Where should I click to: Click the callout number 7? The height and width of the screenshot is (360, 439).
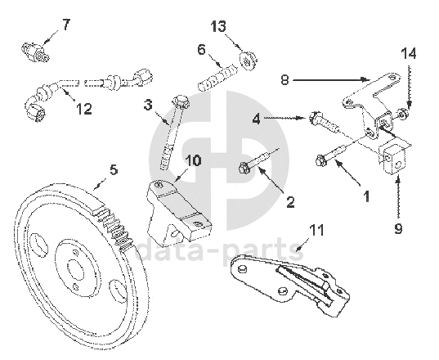[65, 25]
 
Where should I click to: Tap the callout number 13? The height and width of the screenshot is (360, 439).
[218, 27]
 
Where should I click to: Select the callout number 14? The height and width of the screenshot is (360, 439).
[409, 53]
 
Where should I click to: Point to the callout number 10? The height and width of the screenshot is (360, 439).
[194, 161]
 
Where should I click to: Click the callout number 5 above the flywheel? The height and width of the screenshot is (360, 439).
[114, 170]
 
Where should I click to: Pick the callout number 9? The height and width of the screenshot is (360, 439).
[398, 229]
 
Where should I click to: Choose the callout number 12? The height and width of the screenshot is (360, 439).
[84, 109]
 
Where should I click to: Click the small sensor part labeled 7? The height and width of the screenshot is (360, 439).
[35, 52]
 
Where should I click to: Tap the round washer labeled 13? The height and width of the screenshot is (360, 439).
[248, 61]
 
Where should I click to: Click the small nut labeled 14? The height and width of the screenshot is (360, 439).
[402, 115]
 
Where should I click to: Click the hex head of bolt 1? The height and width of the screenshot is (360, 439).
[320, 160]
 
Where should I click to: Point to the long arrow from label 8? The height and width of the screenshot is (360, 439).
[329, 80]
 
